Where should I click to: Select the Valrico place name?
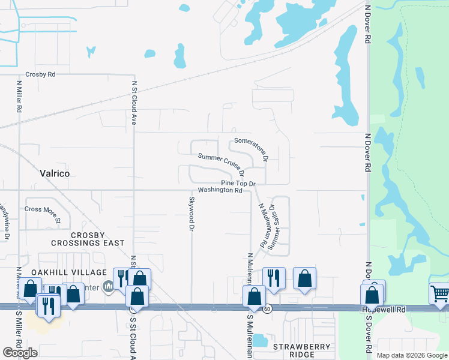pos(55,173)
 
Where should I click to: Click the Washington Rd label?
pos(220,190)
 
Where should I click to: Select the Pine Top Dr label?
pos(238,183)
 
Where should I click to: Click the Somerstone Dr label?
pos(252,148)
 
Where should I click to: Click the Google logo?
pos(20,353)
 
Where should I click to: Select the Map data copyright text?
pos(412,355)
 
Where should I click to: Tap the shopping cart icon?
pos(439,293)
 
